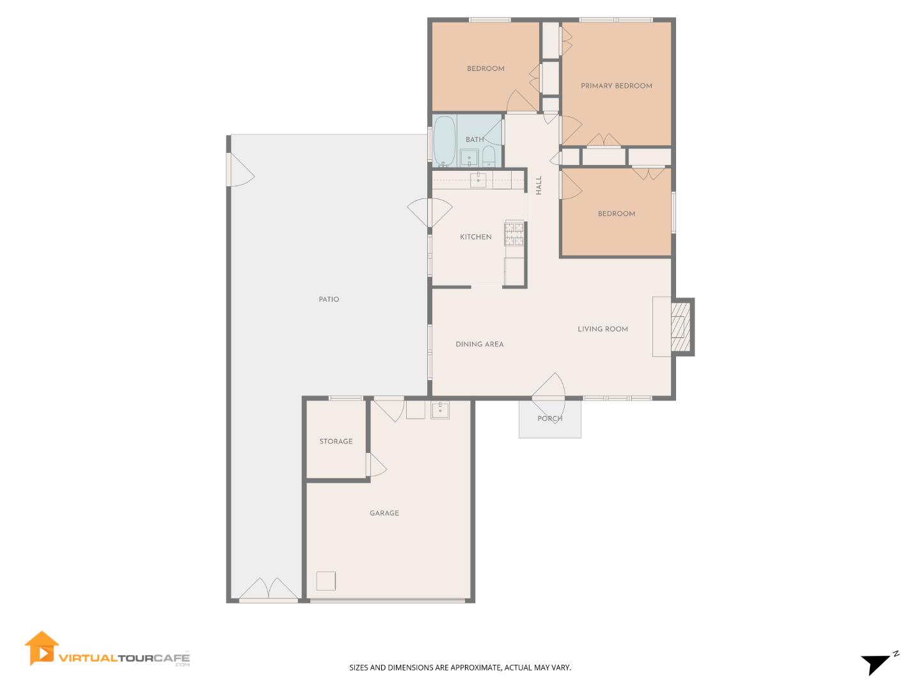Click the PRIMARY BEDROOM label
pos(616,86)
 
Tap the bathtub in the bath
pos(445,141)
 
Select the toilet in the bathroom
pos(489,155)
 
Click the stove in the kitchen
pos(514,234)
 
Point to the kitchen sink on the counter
pos(478,180)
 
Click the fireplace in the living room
pos(679,327)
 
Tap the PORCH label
pos(549,418)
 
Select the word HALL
pos(539,186)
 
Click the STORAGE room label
pos(336,441)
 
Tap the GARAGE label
pos(384,513)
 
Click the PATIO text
pos(329,299)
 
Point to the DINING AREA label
pos(479,344)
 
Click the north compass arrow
pos(875,663)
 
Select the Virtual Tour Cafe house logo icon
pos(42,648)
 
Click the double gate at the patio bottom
pos(269,590)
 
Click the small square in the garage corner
pos(326,580)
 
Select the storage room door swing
pos(377,466)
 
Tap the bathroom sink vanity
pos(469,157)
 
